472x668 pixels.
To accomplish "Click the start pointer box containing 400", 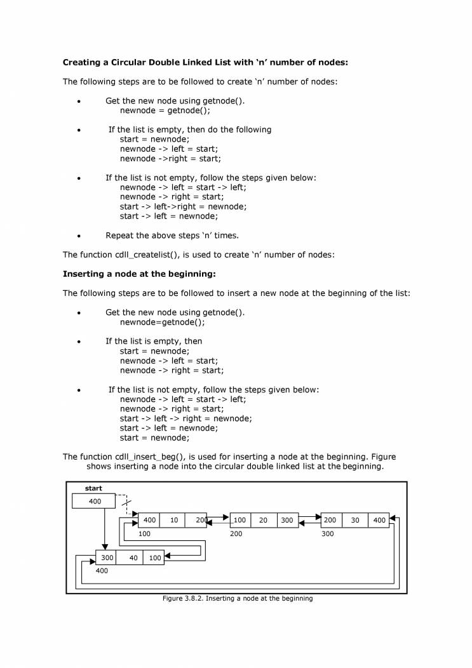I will click(x=94, y=502).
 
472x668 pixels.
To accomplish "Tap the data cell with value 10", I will click(x=173, y=520).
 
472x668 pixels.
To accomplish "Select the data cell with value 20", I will click(x=264, y=520).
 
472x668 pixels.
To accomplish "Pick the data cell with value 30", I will click(x=355, y=520).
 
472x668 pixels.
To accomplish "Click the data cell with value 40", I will click(x=133, y=558).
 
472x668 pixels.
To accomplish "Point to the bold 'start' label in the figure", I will click(x=93, y=488).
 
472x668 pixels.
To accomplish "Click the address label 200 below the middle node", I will click(x=236, y=534).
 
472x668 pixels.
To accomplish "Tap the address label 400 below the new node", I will click(x=102, y=570).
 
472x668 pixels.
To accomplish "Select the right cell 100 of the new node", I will click(x=154, y=558).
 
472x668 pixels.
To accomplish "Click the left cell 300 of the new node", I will click(x=107, y=558).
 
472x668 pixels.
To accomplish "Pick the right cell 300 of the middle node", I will click(x=287, y=520).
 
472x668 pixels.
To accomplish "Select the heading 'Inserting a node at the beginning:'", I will click(x=139, y=274).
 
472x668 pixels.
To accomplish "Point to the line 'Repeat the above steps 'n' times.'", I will click(x=172, y=236).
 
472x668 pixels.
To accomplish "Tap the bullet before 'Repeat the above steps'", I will click(x=79, y=236).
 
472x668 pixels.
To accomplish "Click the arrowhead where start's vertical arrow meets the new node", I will click(x=104, y=547).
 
